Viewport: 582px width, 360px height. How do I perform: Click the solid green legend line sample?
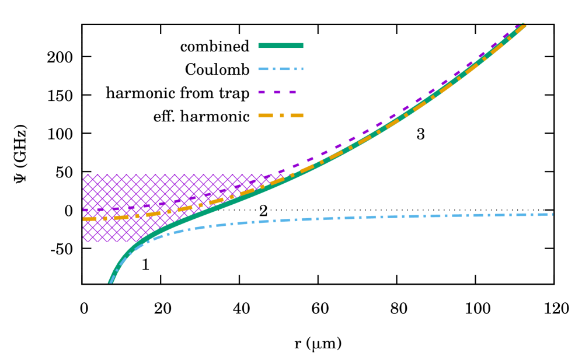tap(280, 46)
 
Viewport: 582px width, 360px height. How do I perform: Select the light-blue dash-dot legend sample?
tap(280, 69)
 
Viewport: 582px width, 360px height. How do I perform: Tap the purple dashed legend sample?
tap(277, 92)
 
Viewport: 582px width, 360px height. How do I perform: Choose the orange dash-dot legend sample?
tap(280, 116)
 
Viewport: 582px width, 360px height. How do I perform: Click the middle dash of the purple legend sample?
tap(277, 92)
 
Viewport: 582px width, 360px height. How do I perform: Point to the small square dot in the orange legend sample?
tap(282, 116)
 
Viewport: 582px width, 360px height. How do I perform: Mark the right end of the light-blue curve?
tap(552, 214)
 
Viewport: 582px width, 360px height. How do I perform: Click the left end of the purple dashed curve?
tap(83, 210)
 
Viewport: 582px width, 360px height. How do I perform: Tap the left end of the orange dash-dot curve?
tap(84, 219)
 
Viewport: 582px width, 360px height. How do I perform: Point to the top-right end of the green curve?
tap(523, 25)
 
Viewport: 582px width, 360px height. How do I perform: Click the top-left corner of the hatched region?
tap(83, 174)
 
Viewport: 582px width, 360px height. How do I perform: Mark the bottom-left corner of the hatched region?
tap(83, 242)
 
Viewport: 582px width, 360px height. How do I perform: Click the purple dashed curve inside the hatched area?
tap(175, 201)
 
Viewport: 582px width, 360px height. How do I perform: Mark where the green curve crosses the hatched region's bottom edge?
tap(140, 242)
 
